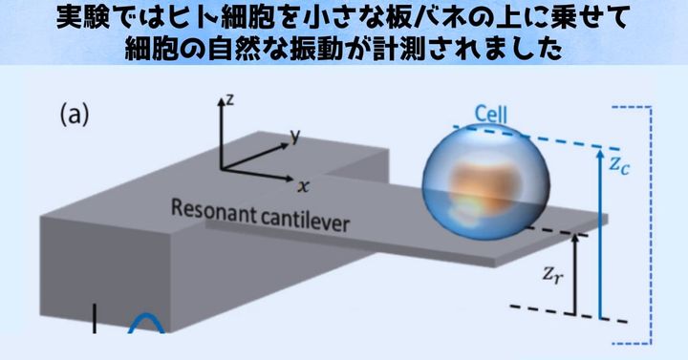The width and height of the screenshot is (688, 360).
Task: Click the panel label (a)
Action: [75, 115]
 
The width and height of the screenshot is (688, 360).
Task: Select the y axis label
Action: [295, 137]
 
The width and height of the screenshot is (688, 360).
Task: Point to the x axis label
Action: [303, 184]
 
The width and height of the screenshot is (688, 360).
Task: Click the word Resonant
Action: [212, 207]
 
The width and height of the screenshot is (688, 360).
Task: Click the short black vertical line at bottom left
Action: [95, 319]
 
